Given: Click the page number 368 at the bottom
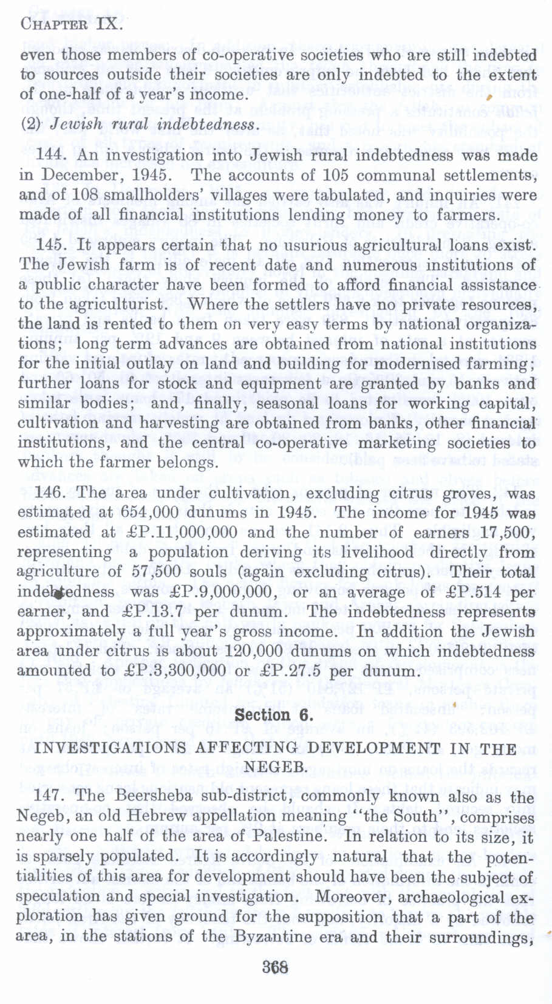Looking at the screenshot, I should pos(275,966).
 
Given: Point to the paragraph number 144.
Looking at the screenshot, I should pos(50,155).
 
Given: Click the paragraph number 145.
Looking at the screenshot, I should pos(50,246).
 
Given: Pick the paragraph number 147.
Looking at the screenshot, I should pos(50,795).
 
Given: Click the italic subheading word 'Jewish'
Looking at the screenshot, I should pos(72,125).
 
